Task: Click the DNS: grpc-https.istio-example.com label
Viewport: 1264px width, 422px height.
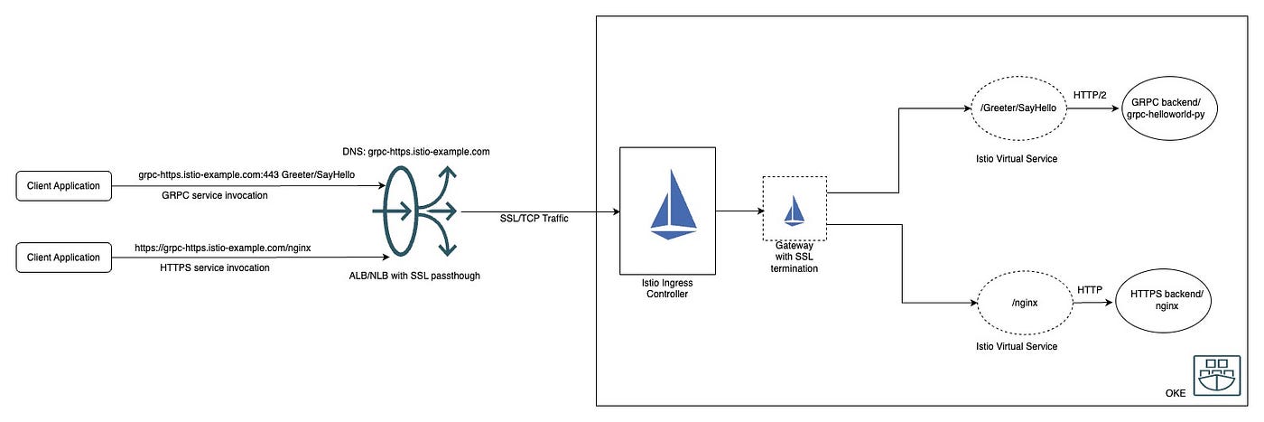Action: pyautogui.click(x=416, y=152)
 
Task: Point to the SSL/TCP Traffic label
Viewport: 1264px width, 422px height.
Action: pyautogui.click(x=534, y=218)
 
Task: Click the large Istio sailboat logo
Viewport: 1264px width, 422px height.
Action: pyautogui.click(x=674, y=204)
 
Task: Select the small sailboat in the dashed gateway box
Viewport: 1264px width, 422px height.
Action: pyautogui.click(x=794, y=211)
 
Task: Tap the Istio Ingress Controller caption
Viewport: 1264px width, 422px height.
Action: pyautogui.click(x=667, y=288)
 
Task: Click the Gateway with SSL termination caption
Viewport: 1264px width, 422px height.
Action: pyautogui.click(x=794, y=257)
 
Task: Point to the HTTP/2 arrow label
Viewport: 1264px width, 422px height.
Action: pyautogui.click(x=1090, y=95)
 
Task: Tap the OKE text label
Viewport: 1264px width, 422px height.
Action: pyautogui.click(x=1176, y=393)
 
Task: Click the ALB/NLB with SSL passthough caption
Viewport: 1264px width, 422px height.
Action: pyautogui.click(x=414, y=276)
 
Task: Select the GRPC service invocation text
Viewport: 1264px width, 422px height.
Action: pyautogui.click(x=215, y=195)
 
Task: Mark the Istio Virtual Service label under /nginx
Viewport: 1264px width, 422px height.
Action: pyautogui.click(x=1017, y=346)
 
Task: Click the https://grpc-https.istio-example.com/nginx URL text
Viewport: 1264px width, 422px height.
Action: pyautogui.click(x=222, y=248)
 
